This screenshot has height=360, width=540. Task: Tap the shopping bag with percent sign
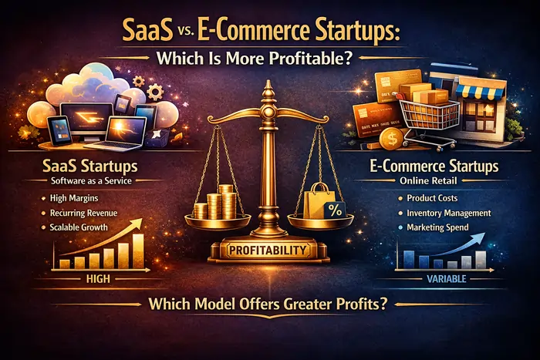pos(319,203)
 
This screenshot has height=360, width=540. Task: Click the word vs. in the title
pos(194,36)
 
